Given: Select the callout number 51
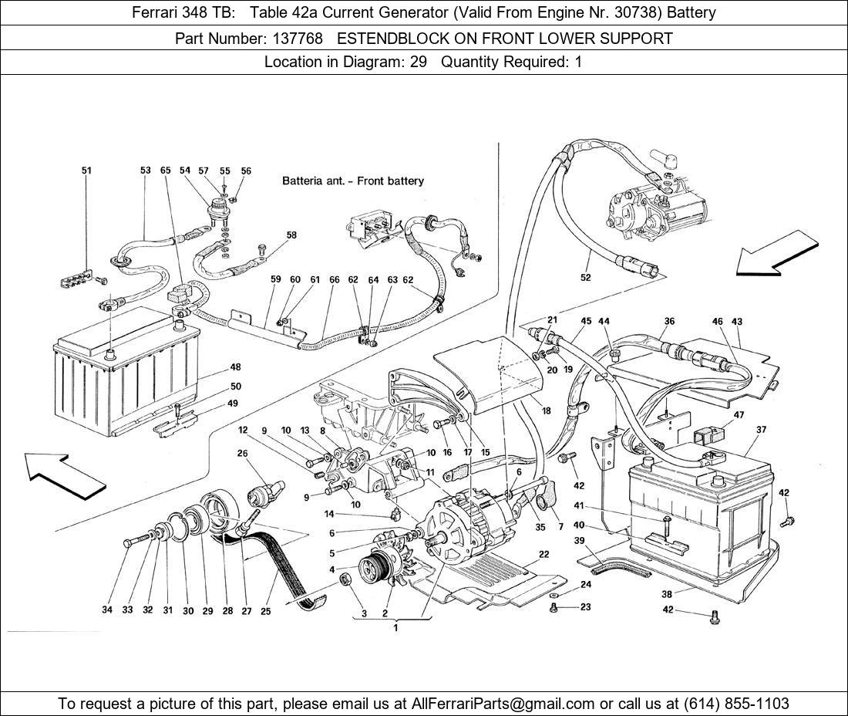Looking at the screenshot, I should (x=86, y=171).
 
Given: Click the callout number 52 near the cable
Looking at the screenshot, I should (x=586, y=278).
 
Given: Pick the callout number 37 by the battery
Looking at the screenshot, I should (x=762, y=430).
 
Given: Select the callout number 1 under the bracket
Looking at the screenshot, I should (x=395, y=628).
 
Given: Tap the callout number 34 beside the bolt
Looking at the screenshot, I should (x=107, y=610).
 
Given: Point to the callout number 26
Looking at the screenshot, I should (x=244, y=454).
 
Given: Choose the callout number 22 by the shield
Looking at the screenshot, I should (x=544, y=554).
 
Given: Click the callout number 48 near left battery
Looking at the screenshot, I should (x=235, y=368).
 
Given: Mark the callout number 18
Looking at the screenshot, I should (x=546, y=411).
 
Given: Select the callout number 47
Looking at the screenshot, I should (x=739, y=415).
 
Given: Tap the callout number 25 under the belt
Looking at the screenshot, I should (x=265, y=610).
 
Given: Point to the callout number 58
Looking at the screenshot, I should (x=291, y=235).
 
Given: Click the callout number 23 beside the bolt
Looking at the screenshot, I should (x=585, y=607).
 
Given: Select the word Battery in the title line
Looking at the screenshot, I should (x=691, y=12).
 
